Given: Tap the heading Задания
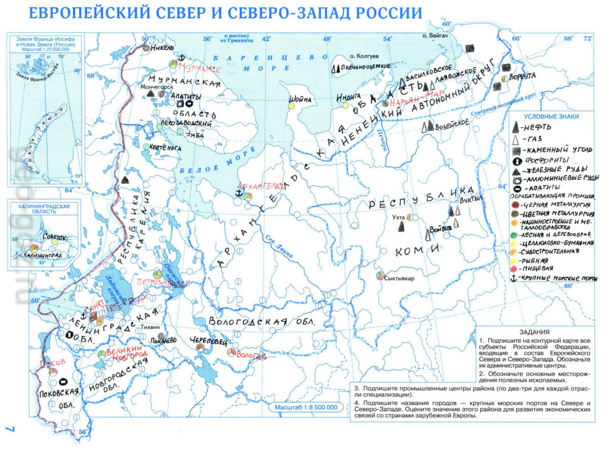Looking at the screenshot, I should [534, 332].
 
